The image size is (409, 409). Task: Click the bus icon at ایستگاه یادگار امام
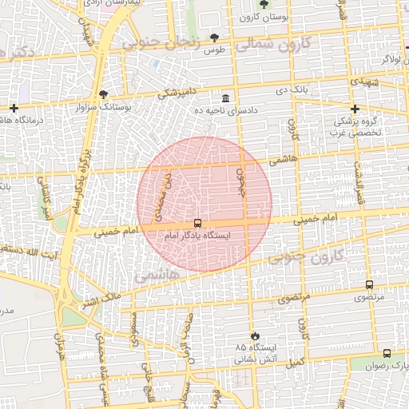(x=197, y=224)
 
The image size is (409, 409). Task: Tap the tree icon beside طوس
(x=214, y=37)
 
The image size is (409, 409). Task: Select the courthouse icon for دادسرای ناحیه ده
(x=226, y=98)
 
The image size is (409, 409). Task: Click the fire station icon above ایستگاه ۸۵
(x=255, y=336)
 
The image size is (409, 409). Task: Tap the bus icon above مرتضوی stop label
(x=369, y=284)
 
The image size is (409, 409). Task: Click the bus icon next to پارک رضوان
(x=387, y=353)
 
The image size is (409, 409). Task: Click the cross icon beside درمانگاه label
(x=14, y=108)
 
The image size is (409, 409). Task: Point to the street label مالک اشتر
(x=101, y=301)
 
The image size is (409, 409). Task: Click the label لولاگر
(x=393, y=59)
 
